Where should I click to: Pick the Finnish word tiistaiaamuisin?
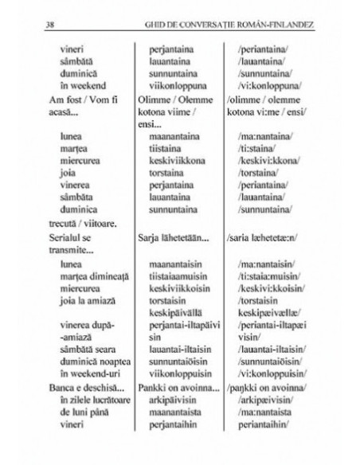pyautogui.click(x=182, y=275)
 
